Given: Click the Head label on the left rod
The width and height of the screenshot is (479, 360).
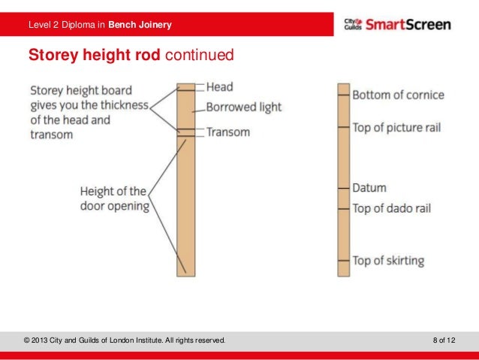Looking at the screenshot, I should coord(219,87).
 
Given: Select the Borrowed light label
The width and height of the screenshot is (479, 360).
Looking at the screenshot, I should coord(243,107).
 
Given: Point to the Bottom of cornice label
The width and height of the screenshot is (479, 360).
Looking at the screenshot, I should coord(398,95).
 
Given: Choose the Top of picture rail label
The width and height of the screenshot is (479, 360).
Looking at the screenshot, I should coord(396,127).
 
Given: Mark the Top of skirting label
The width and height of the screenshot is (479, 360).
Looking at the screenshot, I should coord(388,261).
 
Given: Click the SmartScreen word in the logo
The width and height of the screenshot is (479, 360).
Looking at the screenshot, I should coord(409,25).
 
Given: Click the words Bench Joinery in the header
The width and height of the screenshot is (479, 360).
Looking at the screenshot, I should coord(140,26).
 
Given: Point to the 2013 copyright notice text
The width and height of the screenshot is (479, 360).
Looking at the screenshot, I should coord(125,341).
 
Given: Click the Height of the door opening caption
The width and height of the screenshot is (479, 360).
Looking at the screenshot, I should coord(114,199).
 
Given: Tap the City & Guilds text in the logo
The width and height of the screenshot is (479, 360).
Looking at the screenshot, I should coord(353,25).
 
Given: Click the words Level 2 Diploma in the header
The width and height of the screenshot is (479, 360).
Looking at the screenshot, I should coord(66,26).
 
